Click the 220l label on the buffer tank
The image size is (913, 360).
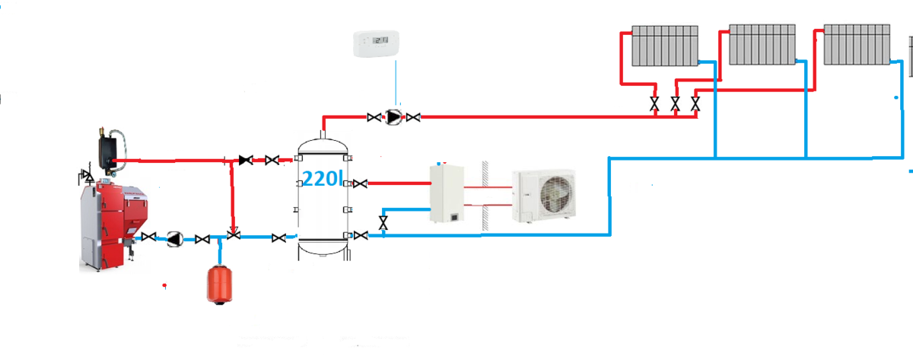pyautogui.click(x=323, y=180)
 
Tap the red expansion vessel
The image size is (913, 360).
pyautogui.click(x=219, y=282)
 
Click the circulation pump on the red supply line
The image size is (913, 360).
pyautogui.click(x=393, y=117)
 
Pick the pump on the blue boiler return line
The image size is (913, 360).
pyautogui.click(x=175, y=238)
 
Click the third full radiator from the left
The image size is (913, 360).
pyautogui.click(x=857, y=46)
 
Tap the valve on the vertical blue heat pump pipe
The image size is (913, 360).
pyautogui.click(x=383, y=223)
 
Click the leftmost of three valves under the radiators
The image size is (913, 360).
pyautogui.click(x=654, y=104)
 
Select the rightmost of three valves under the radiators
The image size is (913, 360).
pyautogui.click(x=695, y=104)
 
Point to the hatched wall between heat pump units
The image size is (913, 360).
pyautogui.click(x=483, y=195)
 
